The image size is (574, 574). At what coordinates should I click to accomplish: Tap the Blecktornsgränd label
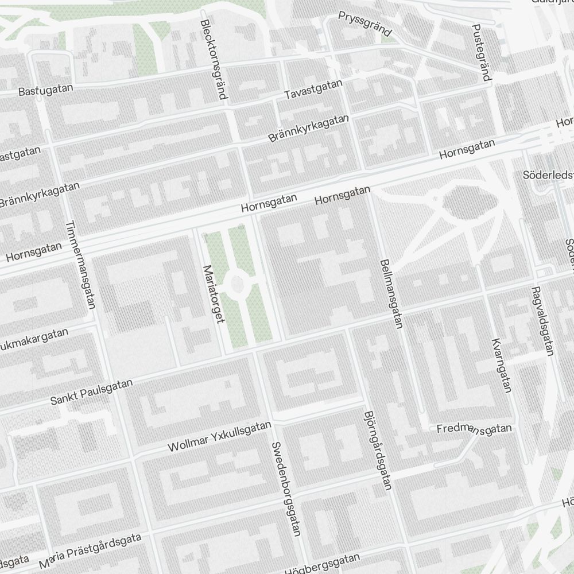pyautogui.click(x=214, y=59)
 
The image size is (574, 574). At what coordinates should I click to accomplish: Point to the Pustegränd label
pyautogui.click(x=482, y=52)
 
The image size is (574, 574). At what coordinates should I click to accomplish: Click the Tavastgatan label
pyautogui.click(x=315, y=89)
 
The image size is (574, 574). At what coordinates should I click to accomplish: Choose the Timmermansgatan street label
pyautogui.click(x=80, y=265)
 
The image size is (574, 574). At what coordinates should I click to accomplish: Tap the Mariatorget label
pyautogui.click(x=213, y=294)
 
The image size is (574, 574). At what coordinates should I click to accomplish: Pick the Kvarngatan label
pyautogui.click(x=501, y=366)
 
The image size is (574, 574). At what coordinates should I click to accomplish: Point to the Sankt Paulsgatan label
pyautogui.click(x=91, y=391)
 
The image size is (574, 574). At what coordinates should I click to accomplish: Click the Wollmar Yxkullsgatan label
pyautogui.click(x=219, y=436)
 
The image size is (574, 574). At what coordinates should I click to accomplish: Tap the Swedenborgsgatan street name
pyautogui.click(x=286, y=488)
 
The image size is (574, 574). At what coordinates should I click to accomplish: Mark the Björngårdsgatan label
pyautogui.click(x=378, y=450)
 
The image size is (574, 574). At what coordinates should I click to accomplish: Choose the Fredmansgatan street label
pyautogui.click(x=474, y=429)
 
